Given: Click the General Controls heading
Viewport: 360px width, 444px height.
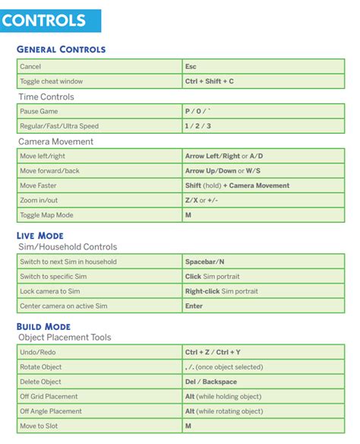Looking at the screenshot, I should click(61, 49).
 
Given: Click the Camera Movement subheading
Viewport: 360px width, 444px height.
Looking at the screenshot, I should click(56, 141).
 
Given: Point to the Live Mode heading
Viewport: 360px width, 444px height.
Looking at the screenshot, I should click(39, 236).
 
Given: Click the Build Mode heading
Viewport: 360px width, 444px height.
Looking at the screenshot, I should click(43, 326).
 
